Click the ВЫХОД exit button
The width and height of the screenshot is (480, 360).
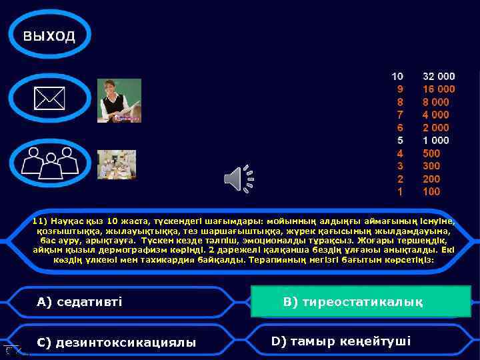(49, 37)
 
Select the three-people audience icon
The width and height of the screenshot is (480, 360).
(49, 163)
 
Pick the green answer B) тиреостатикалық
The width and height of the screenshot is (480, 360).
(361, 301)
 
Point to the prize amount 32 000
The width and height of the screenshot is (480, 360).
(439, 77)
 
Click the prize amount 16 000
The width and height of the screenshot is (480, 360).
(439, 89)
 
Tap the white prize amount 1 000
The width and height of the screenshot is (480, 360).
(436, 141)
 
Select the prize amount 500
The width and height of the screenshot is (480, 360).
(431, 153)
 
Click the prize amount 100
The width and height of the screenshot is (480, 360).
(431, 192)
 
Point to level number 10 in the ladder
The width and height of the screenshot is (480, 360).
(397, 77)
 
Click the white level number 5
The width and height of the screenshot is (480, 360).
(400, 141)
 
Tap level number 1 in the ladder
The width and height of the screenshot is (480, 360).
(400, 192)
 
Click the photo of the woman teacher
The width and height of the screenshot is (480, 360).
(119, 100)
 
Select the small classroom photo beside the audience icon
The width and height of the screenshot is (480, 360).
(117, 164)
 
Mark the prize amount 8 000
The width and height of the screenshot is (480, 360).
(436, 102)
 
